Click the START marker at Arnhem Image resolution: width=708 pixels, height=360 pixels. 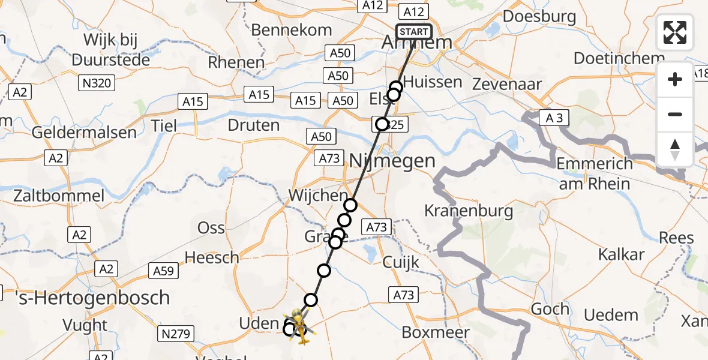(413, 32)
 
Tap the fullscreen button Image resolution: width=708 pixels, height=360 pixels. (675, 32)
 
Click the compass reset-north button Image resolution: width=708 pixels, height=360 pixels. (675, 149)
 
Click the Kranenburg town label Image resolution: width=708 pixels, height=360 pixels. (469, 211)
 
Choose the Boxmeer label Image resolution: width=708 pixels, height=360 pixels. (436, 332)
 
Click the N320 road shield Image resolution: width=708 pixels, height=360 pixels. (95, 83)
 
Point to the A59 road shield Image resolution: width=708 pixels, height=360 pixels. (163, 271)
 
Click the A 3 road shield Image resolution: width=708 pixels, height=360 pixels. (550, 118)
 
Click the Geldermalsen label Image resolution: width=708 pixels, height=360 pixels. (85, 133)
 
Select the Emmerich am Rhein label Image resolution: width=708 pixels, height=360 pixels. (595, 173)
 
